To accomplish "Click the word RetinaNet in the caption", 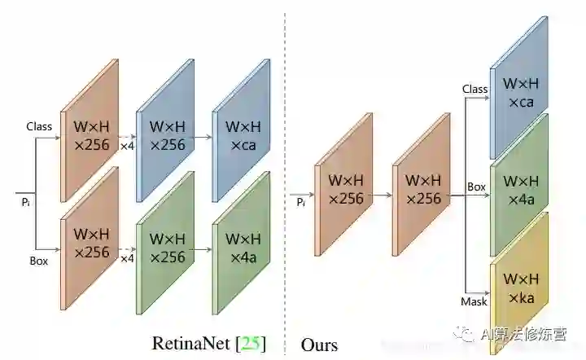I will tap(191, 343).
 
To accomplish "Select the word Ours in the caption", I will tap(319, 345).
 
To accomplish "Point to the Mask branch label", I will tap(474, 301).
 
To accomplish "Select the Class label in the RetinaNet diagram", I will tap(39, 126).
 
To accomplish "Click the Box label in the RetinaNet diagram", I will tap(39, 261).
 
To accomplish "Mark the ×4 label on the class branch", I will tap(127, 147).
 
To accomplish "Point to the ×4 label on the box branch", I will tap(127, 258).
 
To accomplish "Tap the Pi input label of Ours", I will tap(301, 200).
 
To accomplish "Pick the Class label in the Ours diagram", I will tap(474, 89).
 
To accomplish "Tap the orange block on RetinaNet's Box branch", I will tap(91, 243).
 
